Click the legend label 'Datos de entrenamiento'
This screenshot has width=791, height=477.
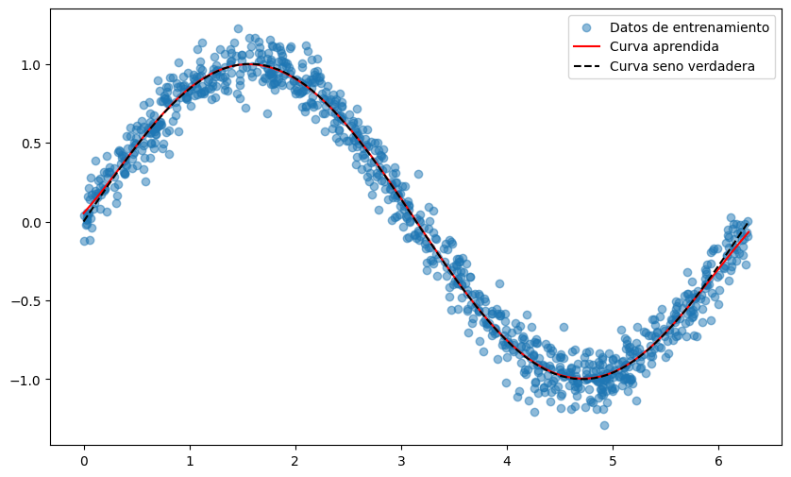(689, 27)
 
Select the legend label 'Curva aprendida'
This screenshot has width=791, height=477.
(665, 46)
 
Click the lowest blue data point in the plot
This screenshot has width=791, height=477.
(604, 425)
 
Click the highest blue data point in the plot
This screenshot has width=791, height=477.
(238, 29)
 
